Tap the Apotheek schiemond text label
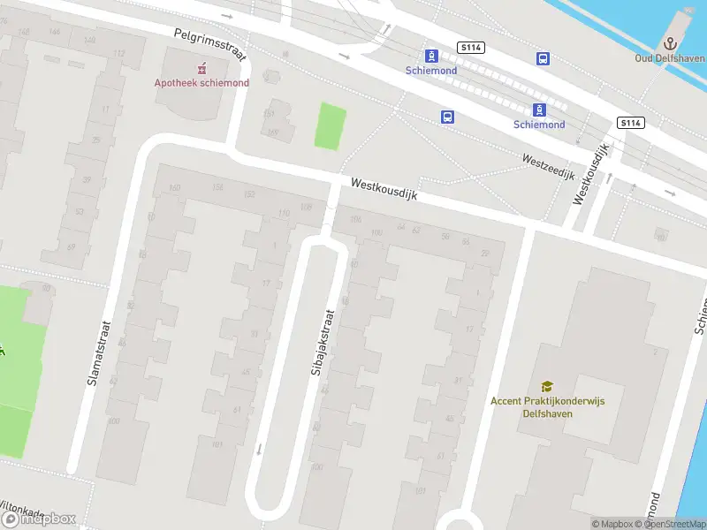point(201,83)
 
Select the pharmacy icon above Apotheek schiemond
point(202,68)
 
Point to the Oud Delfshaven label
point(670,58)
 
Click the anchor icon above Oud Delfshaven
point(671,43)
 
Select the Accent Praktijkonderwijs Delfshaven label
point(547,406)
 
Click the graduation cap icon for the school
point(547,386)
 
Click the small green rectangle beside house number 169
point(330,126)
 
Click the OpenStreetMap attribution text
point(672,524)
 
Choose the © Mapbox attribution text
point(612,524)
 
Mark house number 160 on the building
point(173,187)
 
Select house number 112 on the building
point(118,53)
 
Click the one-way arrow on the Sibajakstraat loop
point(259,448)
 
